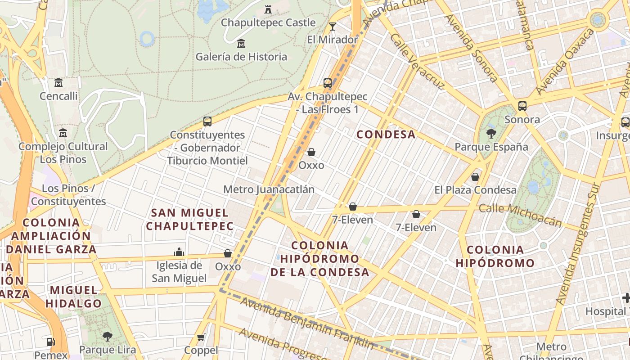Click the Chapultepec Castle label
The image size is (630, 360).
tap(268, 22)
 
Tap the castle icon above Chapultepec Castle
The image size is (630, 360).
tap(268, 9)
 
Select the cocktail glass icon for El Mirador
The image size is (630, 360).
tap(333, 27)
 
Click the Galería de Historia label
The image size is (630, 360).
tap(241, 57)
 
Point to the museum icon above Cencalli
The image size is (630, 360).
tap(58, 83)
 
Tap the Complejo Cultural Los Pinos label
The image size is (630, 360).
tap(63, 153)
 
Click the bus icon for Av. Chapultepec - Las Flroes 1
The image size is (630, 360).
tap(328, 83)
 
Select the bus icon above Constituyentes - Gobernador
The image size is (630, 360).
tap(207, 121)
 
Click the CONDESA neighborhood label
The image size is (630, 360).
tap(386, 134)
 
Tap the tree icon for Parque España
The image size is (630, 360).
tap(491, 133)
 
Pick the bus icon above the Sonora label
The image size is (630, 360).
tap(522, 106)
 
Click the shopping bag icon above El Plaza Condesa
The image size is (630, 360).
tap(475, 177)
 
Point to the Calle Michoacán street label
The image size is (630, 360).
tap(520, 215)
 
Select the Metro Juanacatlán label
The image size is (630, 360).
tap(269, 189)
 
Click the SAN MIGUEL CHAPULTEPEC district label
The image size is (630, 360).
tap(190, 219)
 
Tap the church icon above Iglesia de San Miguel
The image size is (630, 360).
tap(179, 252)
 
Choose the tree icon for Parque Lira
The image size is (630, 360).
tap(107, 336)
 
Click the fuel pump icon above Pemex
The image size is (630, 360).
tap(51, 342)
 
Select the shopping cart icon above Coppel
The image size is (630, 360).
tap(201, 337)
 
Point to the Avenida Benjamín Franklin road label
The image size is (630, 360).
tap(307, 323)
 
